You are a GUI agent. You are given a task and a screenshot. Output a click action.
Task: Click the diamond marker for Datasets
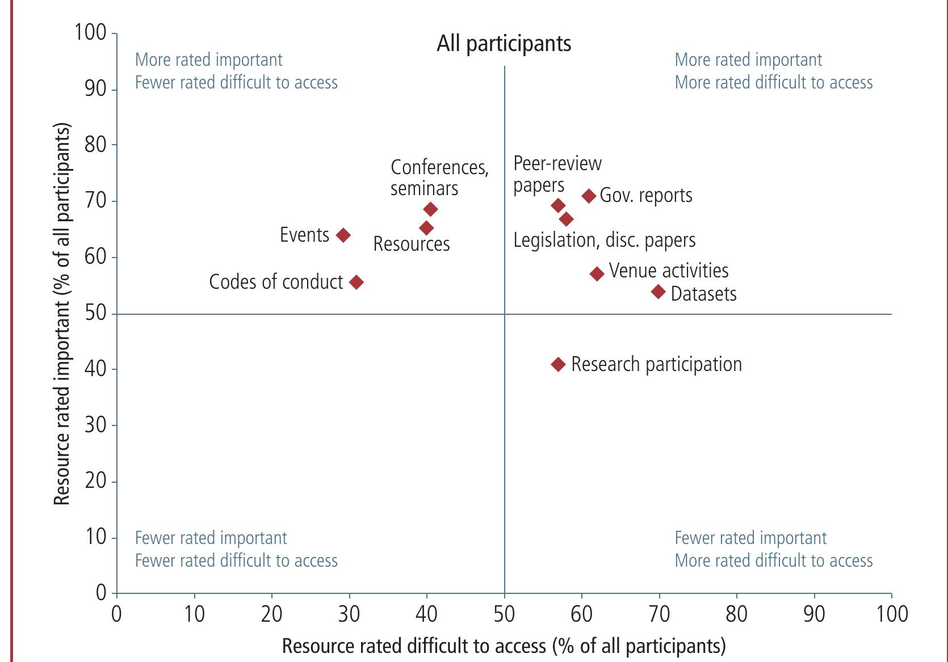pyautogui.click(x=658, y=292)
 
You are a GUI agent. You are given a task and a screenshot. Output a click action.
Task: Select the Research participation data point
pyautogui.click(x=559, y=364)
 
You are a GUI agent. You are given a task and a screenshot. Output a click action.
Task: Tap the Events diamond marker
pyautogui.click(x=343, y=235)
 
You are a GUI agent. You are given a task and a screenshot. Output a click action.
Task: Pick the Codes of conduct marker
pyautogui.click(x=356, y=282)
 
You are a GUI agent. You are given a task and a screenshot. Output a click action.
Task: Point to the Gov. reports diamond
pyautogui.click(x=589, y=196)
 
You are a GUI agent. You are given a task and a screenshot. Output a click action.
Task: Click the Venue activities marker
pyautogui.click(x=597, y=274)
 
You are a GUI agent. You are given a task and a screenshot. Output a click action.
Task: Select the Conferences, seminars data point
pyautogui.click(x=430, y=209)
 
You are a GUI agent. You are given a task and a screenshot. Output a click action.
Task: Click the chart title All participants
pyautogui.click(x=504, y=44)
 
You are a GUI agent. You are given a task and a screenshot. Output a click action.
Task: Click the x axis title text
pyautogui.click(x=504, y=646)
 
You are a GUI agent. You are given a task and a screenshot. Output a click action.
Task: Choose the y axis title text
pyautogui.click(x=62, y=313)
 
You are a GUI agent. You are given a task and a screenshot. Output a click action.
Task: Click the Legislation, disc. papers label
pyautogui.click(x=604, y=240)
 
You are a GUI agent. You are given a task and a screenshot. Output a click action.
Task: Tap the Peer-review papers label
pyautogui.click(x=556, y=174)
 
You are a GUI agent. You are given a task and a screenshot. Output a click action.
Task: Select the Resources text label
pyautogui.click(x=411, y=244)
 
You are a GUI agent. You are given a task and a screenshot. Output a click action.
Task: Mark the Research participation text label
pyautogui.click(x=656, y=364)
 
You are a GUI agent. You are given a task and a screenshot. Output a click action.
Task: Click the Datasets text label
pyautogui.click(x=703, y=294)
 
